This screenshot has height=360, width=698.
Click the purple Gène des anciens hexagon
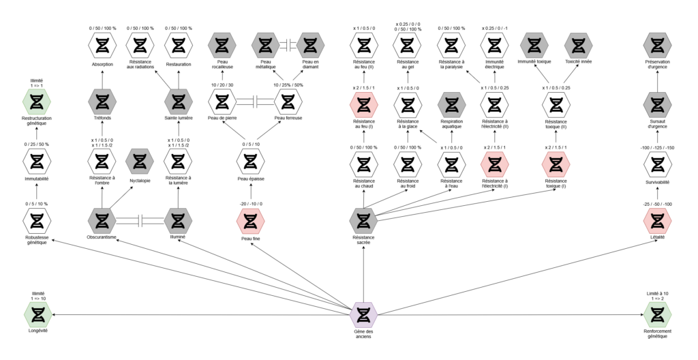tap(363, 314)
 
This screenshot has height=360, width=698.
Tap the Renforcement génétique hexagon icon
tap(657, 314)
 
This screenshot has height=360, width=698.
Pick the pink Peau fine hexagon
tap(250, 220)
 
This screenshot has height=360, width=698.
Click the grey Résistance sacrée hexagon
tap(363, 220)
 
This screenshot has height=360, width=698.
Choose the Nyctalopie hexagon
tap(140, 162)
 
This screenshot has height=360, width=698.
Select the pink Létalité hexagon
tap(657, 220)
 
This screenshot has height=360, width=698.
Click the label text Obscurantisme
tap(102, 238)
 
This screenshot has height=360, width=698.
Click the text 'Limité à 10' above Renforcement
tap(657, 293)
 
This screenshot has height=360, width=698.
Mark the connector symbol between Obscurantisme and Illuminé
tap(140, 220)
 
